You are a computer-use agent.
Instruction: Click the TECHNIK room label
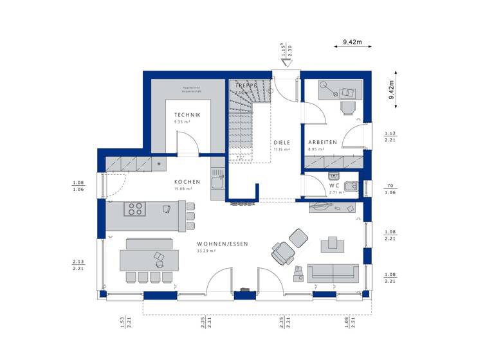click(187, 114)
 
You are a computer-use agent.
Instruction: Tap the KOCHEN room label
click(187, 182)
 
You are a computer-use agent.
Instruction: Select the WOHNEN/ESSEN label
click(223, 244)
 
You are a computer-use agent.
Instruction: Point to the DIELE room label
click(281, 142)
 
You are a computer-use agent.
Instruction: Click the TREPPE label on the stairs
click(246, 85)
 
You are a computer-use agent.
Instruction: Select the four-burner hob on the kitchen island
click(135, 208)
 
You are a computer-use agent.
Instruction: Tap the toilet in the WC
click(349, 187)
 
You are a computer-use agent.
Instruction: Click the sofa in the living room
click(333, 272)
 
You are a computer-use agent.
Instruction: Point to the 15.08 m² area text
click(187, 189)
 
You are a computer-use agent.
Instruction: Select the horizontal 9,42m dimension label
click(352, 42)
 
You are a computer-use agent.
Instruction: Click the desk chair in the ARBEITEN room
click(347, 107)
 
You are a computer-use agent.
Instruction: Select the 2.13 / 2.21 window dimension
click(78, 265)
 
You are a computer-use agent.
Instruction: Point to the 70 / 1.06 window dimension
click(390, 188)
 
